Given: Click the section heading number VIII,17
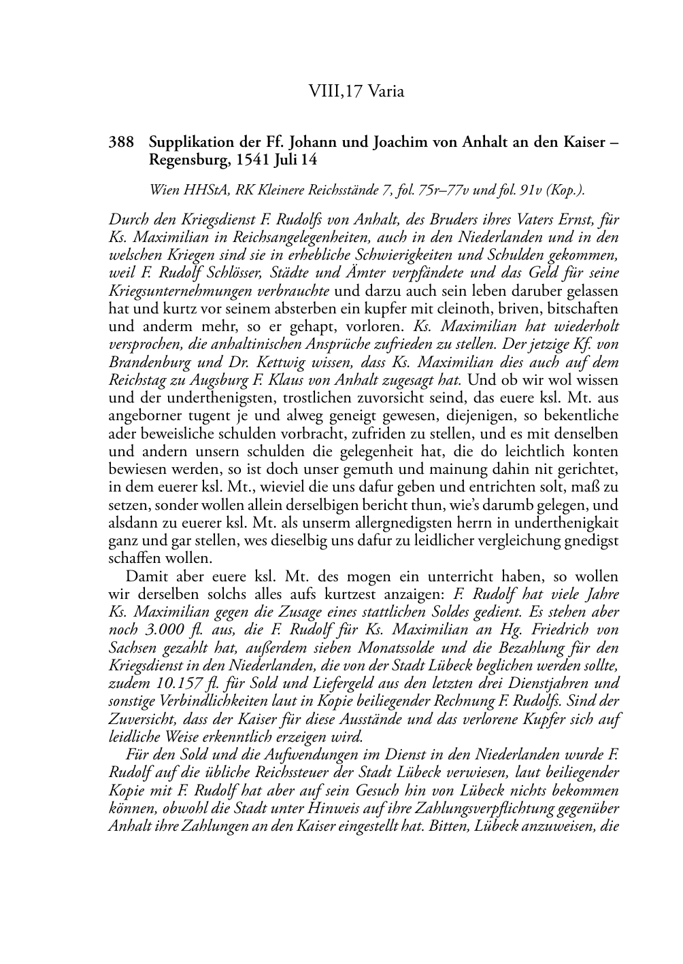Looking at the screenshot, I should pyautogui.click(x=335, y=91).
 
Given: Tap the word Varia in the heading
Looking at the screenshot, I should pyautogui.click(x=386, y=91).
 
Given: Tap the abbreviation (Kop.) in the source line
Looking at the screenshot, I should pyautogui.click(x=565, y=191).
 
